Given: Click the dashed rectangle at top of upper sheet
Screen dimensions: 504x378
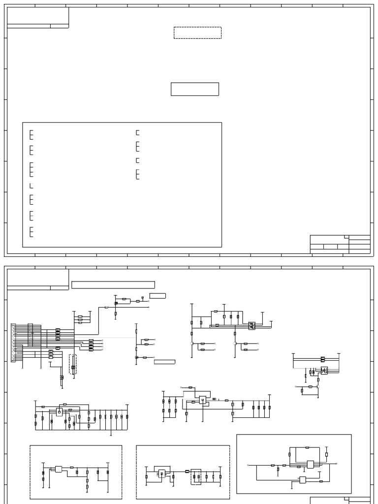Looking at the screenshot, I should click(x=197, y=33).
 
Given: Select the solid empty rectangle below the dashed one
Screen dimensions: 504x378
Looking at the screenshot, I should click(x=195, y=89).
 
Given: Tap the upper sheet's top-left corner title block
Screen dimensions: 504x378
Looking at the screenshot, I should click(x=37, y=18).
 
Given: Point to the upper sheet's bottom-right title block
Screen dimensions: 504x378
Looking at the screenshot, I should click(x=340, y=244).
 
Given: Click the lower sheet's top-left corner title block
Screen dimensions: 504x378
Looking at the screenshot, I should click(x=37, y=280).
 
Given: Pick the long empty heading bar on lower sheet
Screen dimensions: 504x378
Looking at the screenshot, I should click(x=113, y=284).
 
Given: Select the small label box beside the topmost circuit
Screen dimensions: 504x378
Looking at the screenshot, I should click(x=157, y=295).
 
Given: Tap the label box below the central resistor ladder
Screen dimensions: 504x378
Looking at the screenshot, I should click(x=164, y=362).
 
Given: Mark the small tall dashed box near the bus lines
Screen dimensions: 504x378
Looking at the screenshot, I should click(x=73, y=365).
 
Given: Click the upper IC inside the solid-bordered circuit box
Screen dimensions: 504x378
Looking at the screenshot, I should click(x=311, y=464).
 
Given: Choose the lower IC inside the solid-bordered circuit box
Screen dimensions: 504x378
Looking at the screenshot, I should click(x=302, y=480).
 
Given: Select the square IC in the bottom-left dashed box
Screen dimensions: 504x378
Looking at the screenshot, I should click(x=59, y=469).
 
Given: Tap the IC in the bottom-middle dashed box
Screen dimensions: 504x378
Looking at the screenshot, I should click(x=162, y=474).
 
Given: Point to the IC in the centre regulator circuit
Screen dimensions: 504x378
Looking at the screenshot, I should click(x=202, y=400).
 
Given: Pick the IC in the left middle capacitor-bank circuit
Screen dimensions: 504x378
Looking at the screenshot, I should click(x=59, y=411).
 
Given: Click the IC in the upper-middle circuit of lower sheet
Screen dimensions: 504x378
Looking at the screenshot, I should click(x=252, y=325).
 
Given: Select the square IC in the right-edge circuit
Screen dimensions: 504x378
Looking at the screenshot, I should click(x=324, y=370).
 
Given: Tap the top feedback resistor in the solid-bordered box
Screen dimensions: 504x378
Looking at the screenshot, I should click(x=307, y=447).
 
